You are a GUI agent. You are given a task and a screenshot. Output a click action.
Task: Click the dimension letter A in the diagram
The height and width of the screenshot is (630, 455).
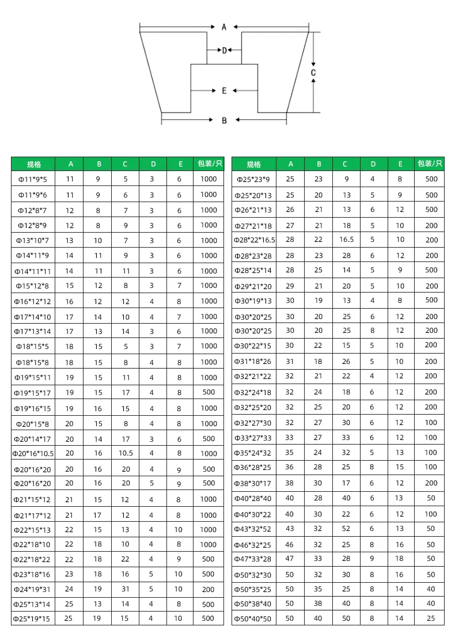click(x=224, y=26)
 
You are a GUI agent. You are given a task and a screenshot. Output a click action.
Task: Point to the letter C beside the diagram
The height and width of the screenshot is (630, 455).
click(x=313, y=73)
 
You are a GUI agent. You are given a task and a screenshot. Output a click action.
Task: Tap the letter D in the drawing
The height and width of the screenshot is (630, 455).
click(x=224, y=51)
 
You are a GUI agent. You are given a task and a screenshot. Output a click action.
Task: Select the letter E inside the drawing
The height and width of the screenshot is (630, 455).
click(x=224, y=90)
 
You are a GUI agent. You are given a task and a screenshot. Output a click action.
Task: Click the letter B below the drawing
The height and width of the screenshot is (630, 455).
click(x=224, y=120)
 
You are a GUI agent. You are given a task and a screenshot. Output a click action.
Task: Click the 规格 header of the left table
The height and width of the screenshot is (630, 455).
click(x=34, y=164)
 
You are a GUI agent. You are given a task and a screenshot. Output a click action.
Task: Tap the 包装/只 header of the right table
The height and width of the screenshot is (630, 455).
click(x=431, y=164)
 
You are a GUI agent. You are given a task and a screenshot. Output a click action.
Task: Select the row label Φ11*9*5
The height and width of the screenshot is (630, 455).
click(x=34, y=179)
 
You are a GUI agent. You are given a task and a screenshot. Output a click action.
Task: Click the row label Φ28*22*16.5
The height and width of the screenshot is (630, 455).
click(x=254, y=240)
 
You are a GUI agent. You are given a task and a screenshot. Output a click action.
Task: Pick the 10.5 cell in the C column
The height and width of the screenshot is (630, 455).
click(x=126, y=453)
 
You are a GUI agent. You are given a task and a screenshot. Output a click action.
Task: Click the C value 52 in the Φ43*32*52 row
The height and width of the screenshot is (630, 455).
click(x=346, y=529)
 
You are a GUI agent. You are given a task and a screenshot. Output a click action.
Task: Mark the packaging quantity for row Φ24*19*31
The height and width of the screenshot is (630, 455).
click(x=208, y=589)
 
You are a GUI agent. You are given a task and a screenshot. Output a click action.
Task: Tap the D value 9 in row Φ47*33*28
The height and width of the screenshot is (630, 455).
click(x=372, y=559)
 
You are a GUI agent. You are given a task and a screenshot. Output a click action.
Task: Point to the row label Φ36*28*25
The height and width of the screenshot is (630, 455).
click(x=254, y=468)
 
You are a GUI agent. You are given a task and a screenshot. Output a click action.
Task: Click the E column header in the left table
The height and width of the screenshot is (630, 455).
click(x=180, y=164)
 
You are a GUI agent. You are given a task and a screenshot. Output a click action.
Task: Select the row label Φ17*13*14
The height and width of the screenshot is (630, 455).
click(x=34, y=332)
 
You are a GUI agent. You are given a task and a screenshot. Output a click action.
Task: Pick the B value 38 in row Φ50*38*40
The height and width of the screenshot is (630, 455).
click(x=318, y=604)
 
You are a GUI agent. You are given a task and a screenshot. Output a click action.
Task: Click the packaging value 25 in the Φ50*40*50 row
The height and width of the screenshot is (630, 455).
click(x=431, y=618)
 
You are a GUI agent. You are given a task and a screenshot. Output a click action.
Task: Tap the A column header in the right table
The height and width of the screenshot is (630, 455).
click(x=290, y=164)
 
